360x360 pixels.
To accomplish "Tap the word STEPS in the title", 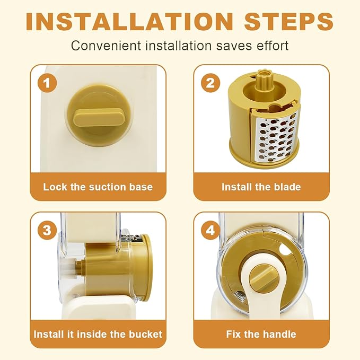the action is click(288, 22).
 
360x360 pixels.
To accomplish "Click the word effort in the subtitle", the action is click(273, 45).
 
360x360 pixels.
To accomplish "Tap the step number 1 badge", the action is click(47, 83).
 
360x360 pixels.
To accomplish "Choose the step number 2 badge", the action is click(210, 83).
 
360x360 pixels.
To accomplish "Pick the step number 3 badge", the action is click(47, 230).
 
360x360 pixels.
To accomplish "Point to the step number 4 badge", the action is click(210, 230).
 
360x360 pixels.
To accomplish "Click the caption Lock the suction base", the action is click(98, 187).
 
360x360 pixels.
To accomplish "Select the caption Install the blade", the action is click(261, 187).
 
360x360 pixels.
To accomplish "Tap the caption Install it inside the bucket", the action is click(98, 334).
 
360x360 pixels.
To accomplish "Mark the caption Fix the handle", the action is click(261, 334).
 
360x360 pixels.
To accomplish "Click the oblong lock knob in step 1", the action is click(99, 118).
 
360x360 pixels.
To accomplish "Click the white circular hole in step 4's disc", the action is click(284, 250).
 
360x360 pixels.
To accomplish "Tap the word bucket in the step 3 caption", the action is click(146, 334).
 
